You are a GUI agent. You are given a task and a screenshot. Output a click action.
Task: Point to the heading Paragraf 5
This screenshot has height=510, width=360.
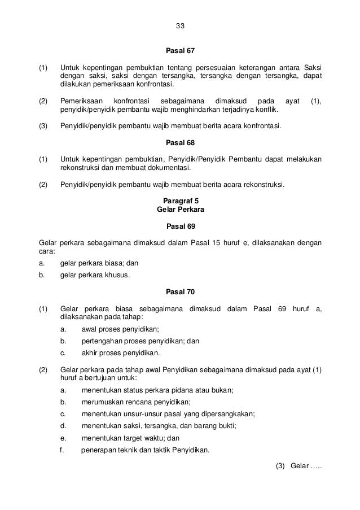coord(180,200)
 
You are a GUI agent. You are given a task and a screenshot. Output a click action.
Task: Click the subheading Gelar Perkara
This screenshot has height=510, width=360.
coord(180,209)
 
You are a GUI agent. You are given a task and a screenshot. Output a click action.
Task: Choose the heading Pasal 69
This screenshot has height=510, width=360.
coord(180,226)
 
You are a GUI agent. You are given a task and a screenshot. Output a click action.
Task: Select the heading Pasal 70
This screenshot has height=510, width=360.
coord(180,292)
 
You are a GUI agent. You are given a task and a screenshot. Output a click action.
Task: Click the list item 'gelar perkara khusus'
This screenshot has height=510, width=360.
coord(95,276)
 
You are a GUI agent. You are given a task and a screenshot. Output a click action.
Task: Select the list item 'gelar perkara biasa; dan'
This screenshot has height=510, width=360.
coord(99,263)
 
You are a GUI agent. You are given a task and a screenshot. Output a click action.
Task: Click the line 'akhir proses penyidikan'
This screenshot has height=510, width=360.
coord(121,354)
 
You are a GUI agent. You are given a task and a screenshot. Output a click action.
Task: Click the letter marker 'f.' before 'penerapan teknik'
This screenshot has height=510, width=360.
coord(62,450)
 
